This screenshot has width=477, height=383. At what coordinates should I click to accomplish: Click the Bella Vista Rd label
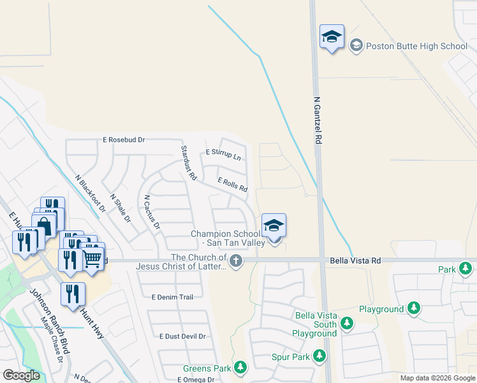point(355,260)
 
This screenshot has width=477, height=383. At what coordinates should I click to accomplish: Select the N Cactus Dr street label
point(151,212)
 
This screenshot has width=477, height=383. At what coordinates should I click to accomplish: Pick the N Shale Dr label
point(120,209)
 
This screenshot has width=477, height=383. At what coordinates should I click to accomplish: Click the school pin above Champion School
point(274,227)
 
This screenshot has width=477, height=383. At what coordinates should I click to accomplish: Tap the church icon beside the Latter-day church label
point(236,260)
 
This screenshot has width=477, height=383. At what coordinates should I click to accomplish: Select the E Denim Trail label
point(172,297)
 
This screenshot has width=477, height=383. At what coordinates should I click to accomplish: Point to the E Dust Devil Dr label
point(182,336)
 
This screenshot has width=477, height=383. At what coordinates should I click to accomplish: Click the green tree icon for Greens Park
point(240,367)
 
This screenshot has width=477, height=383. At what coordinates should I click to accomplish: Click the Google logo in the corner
point(21,375)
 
